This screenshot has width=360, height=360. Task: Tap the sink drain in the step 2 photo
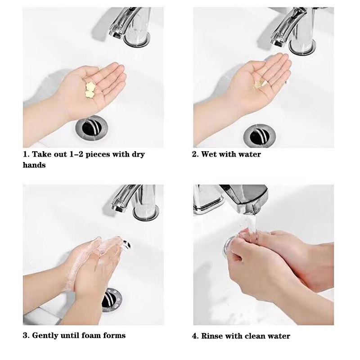pyautogui.click(x=260, y=136)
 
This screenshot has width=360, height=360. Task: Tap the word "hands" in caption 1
pyautogui.click(x=34, y=165)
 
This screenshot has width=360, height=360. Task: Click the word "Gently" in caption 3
pyautogui.click(x=45, y=336)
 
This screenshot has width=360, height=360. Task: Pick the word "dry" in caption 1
pyautogui.click(x=138, y=154)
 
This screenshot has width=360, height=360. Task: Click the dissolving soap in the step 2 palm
pyautogui.click(x=260, y=83)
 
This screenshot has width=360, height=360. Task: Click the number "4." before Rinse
pyautogui.click(x=195, y=336)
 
